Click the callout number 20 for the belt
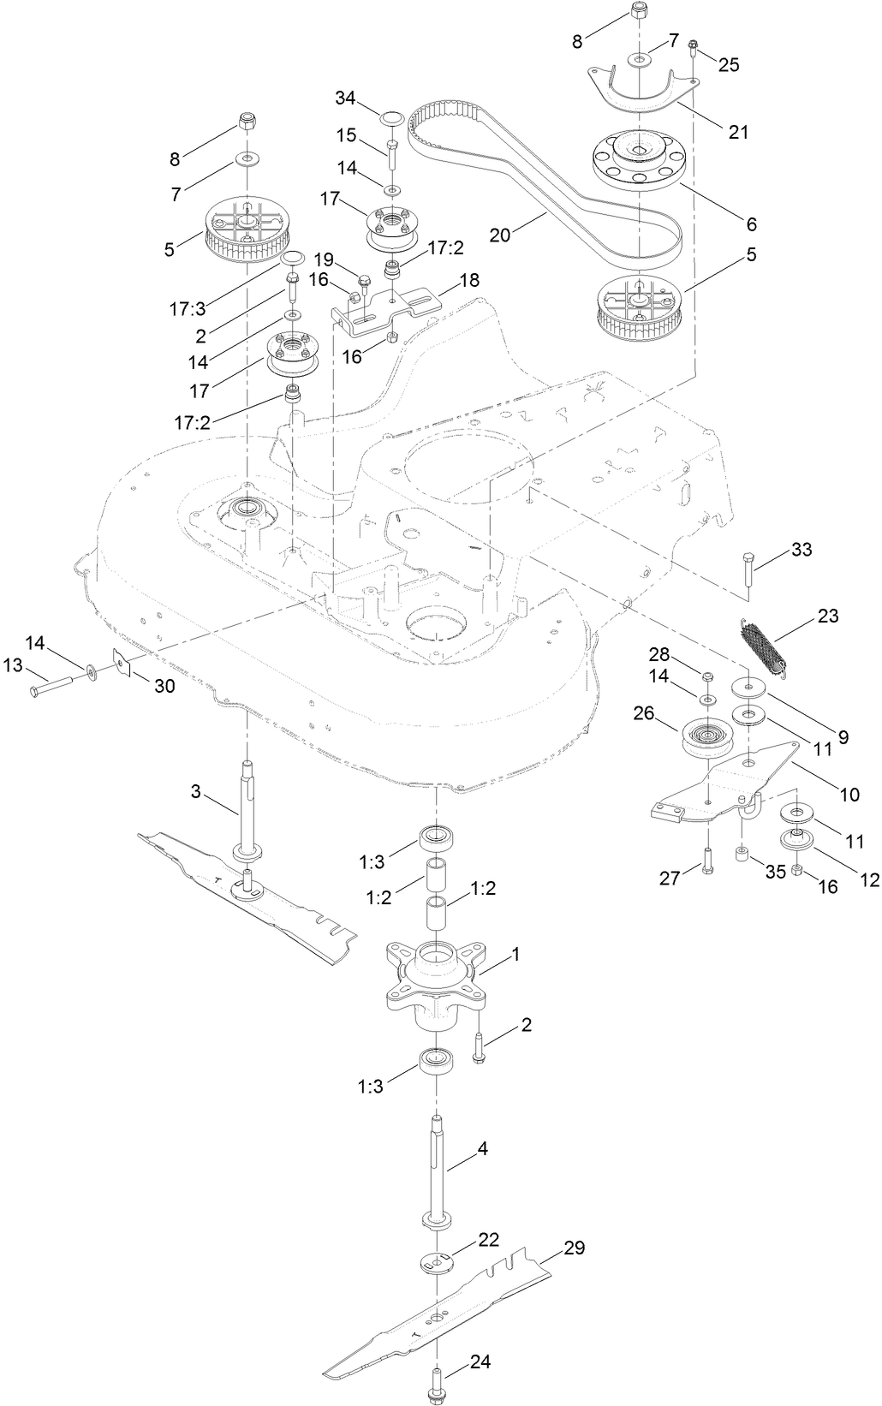(x=501, y=233)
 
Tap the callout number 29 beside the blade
(x=574, y=1248)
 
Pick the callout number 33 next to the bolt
(x=802, y=549)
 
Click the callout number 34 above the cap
(x=346, y=99)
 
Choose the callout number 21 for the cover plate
(x=738, y=132)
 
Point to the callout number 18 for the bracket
(x=469, y=280)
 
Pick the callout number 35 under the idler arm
(x=775, y=872)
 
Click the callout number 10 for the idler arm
(x=849, y=795)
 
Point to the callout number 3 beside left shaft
(x=195, y=791)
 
